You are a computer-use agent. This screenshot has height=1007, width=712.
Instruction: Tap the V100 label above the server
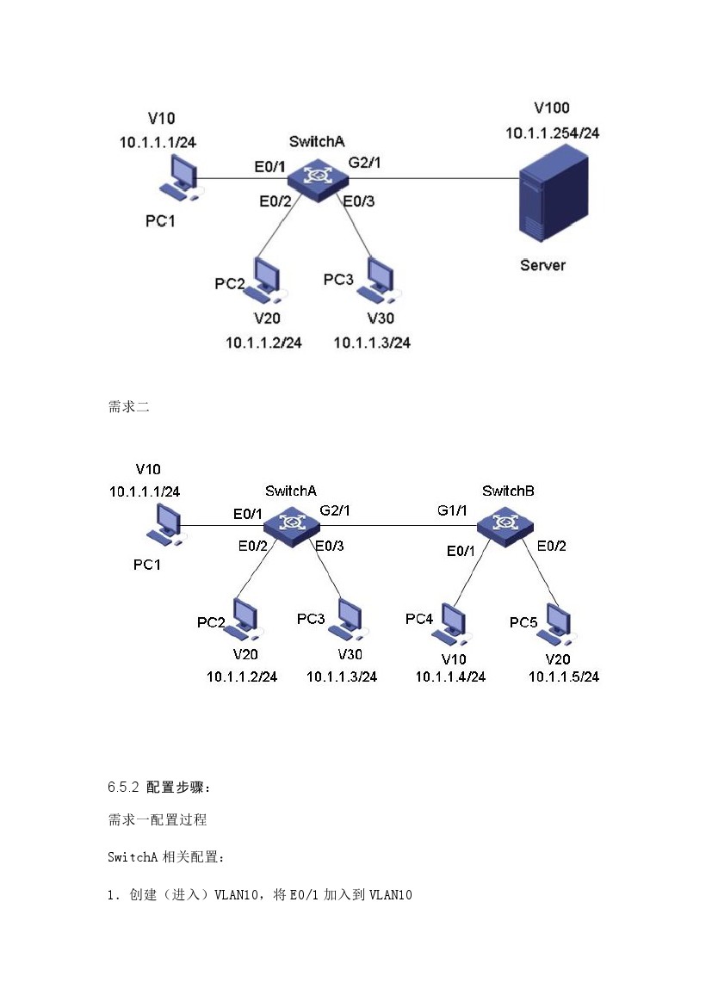552,108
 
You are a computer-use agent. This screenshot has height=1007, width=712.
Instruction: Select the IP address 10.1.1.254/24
552,133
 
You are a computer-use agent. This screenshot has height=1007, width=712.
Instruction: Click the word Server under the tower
542,265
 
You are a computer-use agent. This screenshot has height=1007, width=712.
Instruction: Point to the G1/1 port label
452,510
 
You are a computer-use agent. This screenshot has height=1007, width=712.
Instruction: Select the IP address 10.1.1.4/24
450,676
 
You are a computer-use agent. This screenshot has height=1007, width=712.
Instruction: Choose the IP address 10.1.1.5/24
564,676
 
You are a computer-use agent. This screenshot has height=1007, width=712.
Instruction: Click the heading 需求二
129,407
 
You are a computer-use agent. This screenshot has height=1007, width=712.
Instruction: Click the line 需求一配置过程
158,820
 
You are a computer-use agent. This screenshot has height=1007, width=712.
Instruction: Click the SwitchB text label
508,491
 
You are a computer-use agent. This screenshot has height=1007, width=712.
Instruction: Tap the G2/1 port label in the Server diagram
364,162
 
